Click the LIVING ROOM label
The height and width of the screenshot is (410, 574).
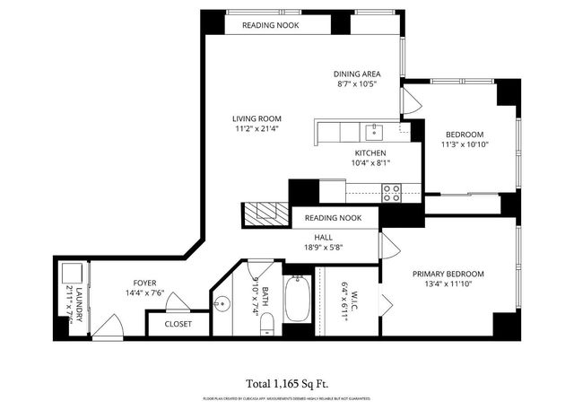(257, 118)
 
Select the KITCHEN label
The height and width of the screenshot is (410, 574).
(370, 153)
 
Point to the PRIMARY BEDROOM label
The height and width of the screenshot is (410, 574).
(448, 274)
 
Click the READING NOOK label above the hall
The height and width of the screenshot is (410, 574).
(333, 218)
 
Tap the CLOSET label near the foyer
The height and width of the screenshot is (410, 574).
(178, 324)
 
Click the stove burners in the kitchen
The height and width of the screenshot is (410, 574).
(391, 190)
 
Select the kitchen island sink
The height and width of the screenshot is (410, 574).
(374, 133)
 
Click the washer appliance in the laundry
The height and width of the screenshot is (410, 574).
(72, 274)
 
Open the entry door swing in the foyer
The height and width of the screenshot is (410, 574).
(111, 325)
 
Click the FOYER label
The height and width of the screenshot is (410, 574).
(144, 281)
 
